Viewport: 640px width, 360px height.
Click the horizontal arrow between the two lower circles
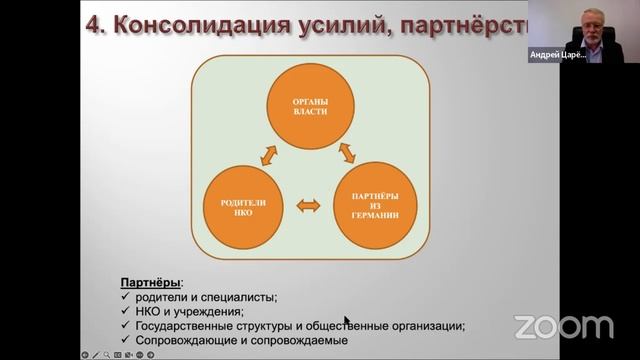click(x=309, y=205)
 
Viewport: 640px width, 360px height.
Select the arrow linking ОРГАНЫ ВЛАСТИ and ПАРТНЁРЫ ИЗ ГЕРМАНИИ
click(x=348, y=153)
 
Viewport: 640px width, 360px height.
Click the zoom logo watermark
click(x=564, y=326)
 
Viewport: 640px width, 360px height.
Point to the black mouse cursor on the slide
click(x=347, y=322)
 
